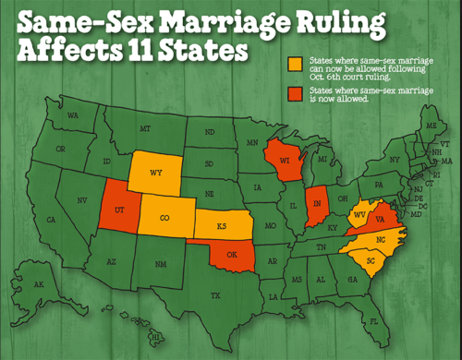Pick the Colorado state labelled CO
(x=164, y=219)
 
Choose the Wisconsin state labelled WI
(x=281, y=162)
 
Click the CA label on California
(x=52, y=219)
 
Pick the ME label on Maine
(x=428, y=123)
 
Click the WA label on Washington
(x=71, y=114)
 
